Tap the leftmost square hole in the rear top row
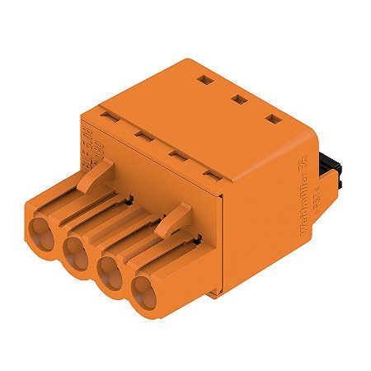(x=203, y=80)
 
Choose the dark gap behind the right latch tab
(x=198, y=242)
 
